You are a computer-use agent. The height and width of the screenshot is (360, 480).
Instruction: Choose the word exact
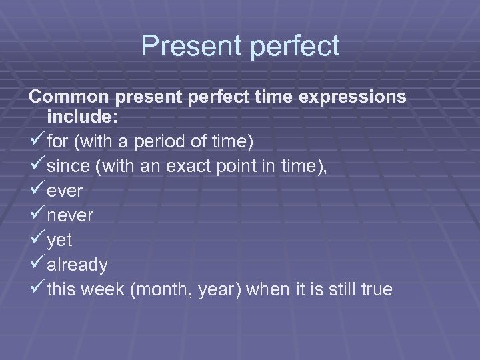pos(193,166)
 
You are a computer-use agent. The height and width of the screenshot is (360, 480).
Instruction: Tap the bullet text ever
pos(65,191)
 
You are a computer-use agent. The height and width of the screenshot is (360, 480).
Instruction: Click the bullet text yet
pos(60,240)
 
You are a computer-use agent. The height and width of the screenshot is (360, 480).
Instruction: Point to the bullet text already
pos(77,265)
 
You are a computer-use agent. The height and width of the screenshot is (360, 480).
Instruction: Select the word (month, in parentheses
pos(162,289)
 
